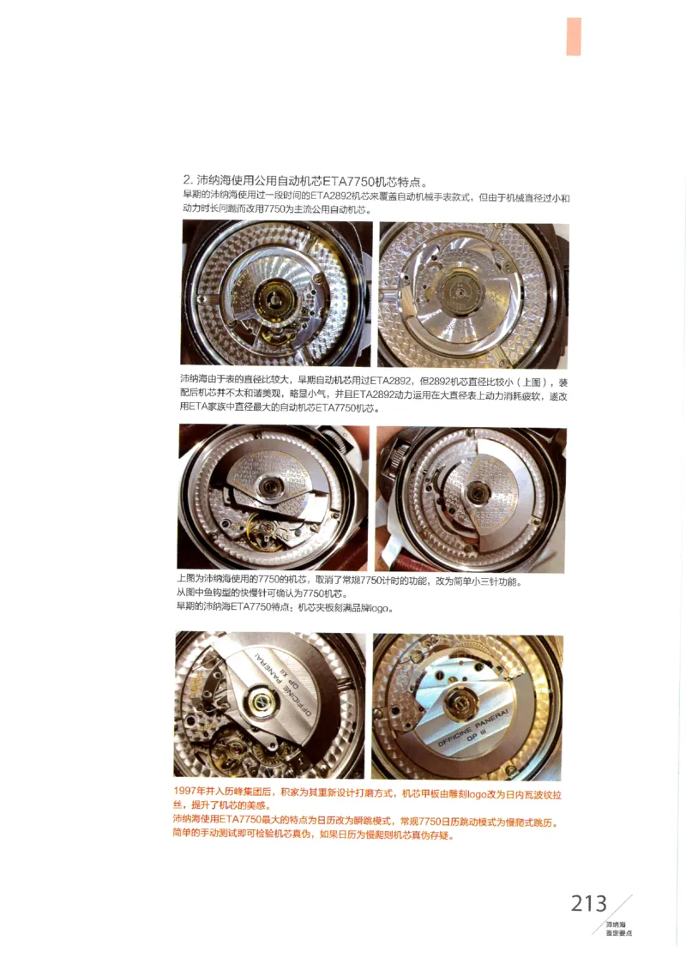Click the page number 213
point(588,903)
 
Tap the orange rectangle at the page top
point(574,37)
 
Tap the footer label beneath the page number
point(617,928)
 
